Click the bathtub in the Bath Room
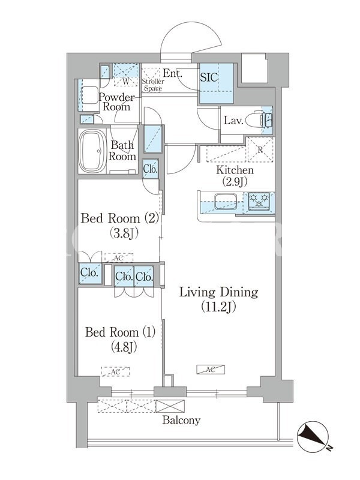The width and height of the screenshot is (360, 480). click(x=92, y=151)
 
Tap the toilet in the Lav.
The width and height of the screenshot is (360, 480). click(x=257, y=119)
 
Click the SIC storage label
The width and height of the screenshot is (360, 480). click(x=209, y=77)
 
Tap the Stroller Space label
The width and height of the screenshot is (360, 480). click(x=154, y=85)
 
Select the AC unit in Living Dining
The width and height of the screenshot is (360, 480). click(x=211, y=370)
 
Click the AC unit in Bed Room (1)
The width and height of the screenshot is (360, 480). click(x=115, y=371)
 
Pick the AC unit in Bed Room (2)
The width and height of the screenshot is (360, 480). click(x=119, y=258)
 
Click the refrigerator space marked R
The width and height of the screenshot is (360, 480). click(x=260, y=149)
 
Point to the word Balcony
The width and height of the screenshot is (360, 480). click(x=181, y=420)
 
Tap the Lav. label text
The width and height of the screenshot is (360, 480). click(x=233, y=121)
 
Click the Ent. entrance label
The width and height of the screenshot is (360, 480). click(x=173, y=73)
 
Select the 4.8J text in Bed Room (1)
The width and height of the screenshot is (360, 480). click(x=121, y=347)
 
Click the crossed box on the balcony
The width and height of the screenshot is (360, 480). click(x=170, y=406)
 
